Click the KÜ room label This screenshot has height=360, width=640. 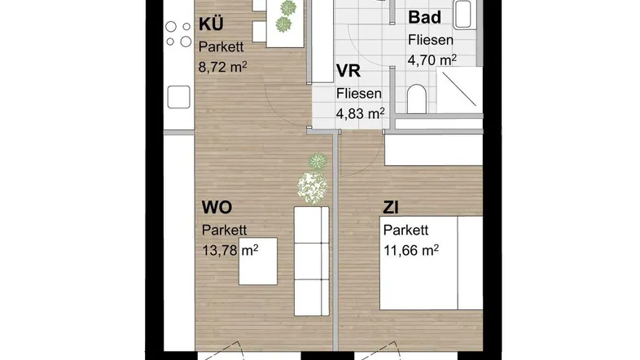click(x=211, y=24)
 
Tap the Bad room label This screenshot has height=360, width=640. click(x=424, y=18)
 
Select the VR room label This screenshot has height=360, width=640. click(x=348, y=71)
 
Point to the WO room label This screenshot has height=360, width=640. click(x=217, y=208)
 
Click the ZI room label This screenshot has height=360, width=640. click(x=391, y=209)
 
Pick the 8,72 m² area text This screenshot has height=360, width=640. click(x=223, y=67)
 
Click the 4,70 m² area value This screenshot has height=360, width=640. click(x=432, y=60)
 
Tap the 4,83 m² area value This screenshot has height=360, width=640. click(x=360, y=113)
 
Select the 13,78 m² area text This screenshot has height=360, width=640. click(x=230, y=250)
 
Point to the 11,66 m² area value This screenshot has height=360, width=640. click(x=411, y=250)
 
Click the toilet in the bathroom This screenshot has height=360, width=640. click(x=417, y=99)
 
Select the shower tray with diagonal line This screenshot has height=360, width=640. click(x=459, y=90)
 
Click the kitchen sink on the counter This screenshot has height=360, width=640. click(x=179, y=97)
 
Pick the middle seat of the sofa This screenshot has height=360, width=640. click(x=311, y=261)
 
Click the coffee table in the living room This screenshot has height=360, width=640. click(x=258, y=261)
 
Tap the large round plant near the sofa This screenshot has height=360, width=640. click(x=312, y=188)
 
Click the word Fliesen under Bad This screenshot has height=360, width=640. click(x=431, y=40)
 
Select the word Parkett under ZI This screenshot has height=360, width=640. click(x=405, y=230)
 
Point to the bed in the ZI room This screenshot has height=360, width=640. click(x=432, y=263)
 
